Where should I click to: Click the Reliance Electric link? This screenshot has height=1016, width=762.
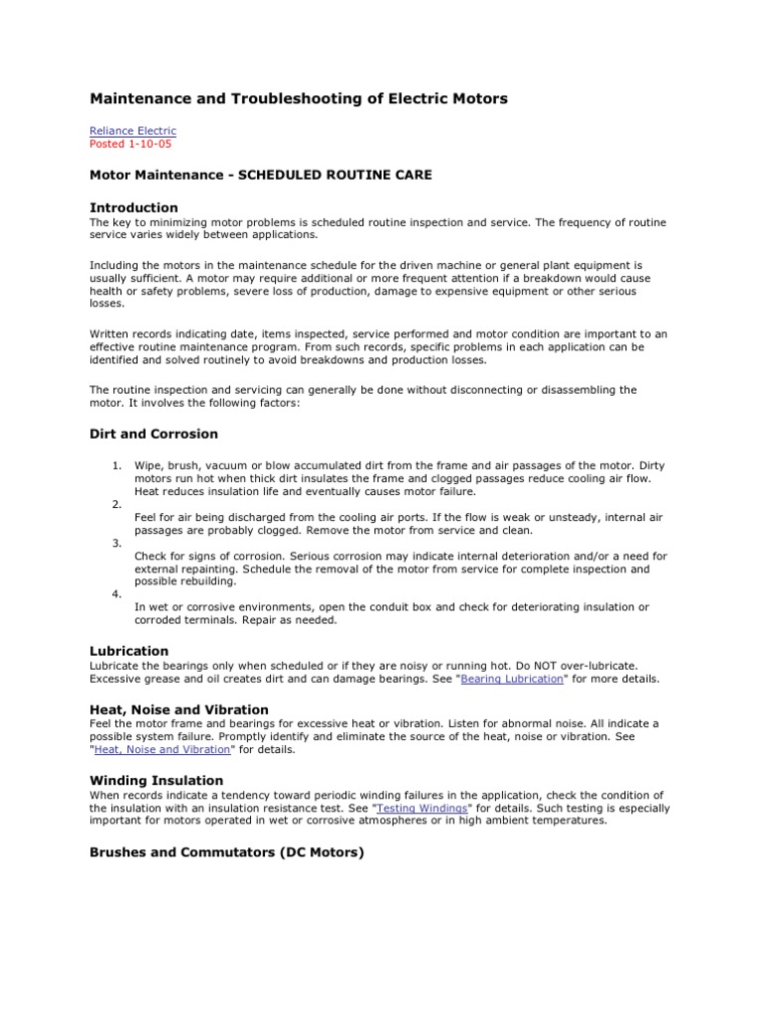(133, 130)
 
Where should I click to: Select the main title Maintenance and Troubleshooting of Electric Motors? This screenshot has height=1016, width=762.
(299, 98)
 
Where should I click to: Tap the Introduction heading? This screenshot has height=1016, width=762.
(134, 207)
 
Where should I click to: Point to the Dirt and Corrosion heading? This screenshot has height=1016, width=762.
(154, 434)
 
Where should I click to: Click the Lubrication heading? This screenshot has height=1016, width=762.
(130, 651)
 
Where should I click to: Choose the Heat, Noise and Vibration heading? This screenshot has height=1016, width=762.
(179, 709)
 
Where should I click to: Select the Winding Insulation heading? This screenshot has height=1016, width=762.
(157, 780)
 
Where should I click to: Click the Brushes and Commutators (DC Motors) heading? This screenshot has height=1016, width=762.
(227, 851)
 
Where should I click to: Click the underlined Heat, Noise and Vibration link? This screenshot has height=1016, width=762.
(163, 750)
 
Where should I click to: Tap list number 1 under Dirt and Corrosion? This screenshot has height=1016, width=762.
(116, 464)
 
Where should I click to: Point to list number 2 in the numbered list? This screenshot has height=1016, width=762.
(116, 504)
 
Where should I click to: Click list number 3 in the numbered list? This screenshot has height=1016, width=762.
(116, 543)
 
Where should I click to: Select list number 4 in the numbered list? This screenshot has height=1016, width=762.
(116, 593)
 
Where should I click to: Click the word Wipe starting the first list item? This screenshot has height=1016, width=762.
(147, 464)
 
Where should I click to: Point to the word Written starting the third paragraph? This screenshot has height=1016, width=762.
(109, 334)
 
